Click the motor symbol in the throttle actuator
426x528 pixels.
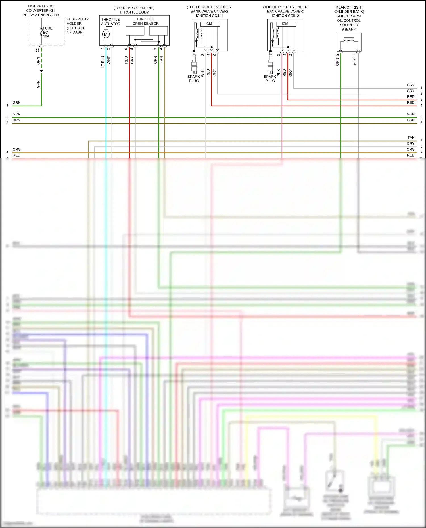click(106, 35)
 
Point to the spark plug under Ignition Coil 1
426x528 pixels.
click(194, 64)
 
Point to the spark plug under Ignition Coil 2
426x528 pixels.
click(270, 64)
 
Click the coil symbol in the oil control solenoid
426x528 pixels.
click(349, 41)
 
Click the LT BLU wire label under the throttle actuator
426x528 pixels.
click(103, 62)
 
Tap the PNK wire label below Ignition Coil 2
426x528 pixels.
click(279, 73)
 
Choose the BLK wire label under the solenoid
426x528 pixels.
click(355, 62)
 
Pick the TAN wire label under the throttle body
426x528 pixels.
click(161, 59)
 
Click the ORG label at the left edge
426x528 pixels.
click(17, 150)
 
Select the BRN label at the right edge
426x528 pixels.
click(411, 120)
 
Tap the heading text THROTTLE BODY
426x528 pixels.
click(134, 12)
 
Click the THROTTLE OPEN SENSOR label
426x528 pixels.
click(145, 22)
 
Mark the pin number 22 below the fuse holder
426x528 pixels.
click(38, 50)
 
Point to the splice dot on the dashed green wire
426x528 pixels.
click(41, 71)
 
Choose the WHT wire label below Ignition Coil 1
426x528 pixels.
click(202, 73)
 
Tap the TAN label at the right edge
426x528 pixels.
click(411, 138)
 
